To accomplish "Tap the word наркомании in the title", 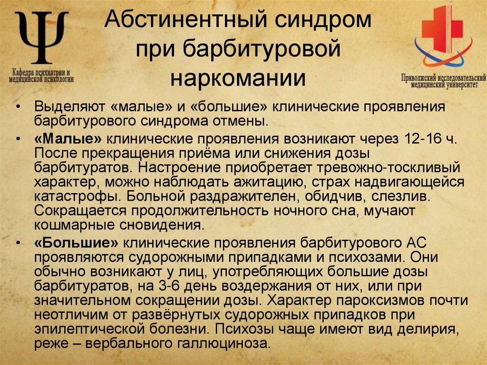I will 238,78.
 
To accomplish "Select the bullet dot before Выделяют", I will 18,106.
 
